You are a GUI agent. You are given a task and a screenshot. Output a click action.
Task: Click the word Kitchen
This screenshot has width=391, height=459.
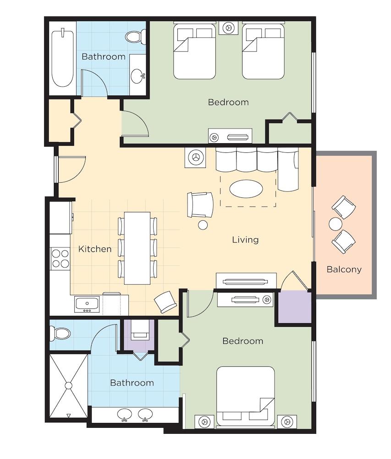tap(95, 249)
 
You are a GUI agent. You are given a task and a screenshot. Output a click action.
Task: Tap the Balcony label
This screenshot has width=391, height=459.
tap(344, 269)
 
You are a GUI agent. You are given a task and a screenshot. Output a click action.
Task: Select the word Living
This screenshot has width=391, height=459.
tap(245, 240)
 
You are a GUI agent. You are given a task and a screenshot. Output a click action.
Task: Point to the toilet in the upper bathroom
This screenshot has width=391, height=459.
tap(136, 37)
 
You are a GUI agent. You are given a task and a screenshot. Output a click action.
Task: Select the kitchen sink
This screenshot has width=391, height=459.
tap(87, 304)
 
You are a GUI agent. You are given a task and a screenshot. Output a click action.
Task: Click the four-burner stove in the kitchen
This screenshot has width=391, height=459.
tap(61, 258)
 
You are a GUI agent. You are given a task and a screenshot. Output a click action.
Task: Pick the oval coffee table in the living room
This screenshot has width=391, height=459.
tap(246, 189)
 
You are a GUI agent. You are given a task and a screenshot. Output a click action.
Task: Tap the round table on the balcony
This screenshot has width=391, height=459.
tap(335, 224)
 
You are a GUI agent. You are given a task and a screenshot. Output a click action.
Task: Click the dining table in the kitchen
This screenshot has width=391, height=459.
tap(138, 248)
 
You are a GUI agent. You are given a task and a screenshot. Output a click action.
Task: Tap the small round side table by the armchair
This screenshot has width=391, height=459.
tap(203, 225)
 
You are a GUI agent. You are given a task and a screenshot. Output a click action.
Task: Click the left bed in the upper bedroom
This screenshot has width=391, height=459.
tap(195, 51)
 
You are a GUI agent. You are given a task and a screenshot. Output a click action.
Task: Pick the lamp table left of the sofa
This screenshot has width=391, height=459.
tap(195, 157)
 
